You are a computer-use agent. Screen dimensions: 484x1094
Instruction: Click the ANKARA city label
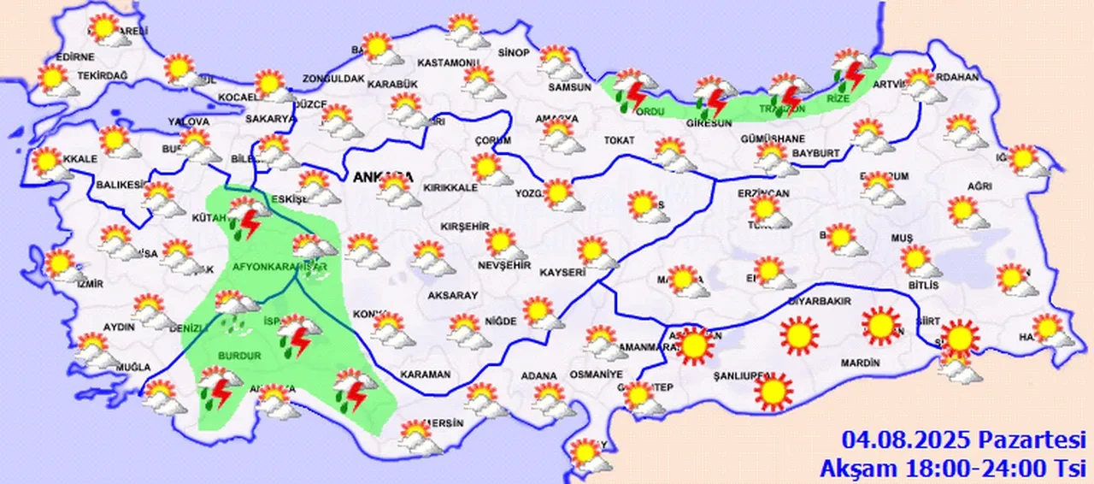(x=381, y=178)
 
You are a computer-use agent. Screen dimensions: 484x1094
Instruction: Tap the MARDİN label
(x=860, y=363)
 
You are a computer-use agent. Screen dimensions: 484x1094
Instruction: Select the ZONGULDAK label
(x=333, y=80)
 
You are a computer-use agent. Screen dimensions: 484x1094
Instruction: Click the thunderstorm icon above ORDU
(x=635, y=90)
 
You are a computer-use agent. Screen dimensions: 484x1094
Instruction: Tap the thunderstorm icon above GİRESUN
(x=715, y=97)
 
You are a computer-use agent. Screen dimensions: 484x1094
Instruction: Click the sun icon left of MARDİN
(x=800, y=335)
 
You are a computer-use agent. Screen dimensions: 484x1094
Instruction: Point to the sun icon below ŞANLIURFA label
(x=773, y=391)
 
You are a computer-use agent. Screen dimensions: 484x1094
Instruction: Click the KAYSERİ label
(x=562, y=272)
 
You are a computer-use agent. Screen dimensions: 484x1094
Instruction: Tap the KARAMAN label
(x=425, y=375)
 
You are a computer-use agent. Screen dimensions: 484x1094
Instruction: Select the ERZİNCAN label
(x=763, y=193)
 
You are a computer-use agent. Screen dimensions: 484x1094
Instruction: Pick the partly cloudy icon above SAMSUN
(x=558, y=62)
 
